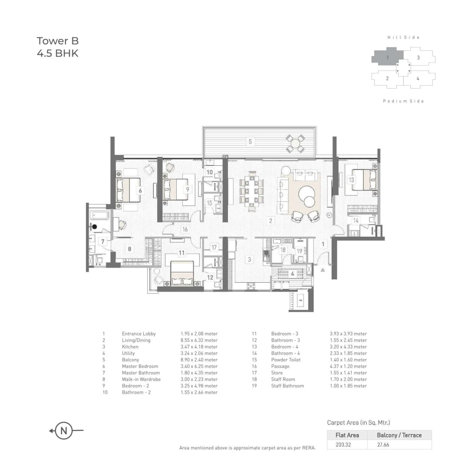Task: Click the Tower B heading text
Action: click(x=57, y=41)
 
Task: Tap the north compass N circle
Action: click(x=64, y=431)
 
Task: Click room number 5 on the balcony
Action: click(x=250, y=141)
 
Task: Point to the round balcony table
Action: click(x=295, y=143)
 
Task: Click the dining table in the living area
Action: click(x=252, y=191)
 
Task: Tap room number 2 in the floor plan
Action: click(x=271, y=221)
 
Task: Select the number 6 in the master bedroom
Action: click(x=140, y=190)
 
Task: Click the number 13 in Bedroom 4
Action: click(x=351, y=179)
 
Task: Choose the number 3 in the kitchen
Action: click(x=249, y=260)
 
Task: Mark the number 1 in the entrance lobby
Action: click(x=323, y=244)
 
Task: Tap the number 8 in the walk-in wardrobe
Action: click(x=129, y=249)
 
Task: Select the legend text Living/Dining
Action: click(x=136, y=340)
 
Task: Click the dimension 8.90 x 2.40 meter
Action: click(x=199, y=360)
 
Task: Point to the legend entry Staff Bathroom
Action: click(x=287, y=386)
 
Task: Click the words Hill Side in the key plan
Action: click(x=403, y=38)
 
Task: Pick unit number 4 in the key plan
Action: click(x=417, y=79)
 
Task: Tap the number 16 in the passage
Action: click(x=185, y=229)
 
